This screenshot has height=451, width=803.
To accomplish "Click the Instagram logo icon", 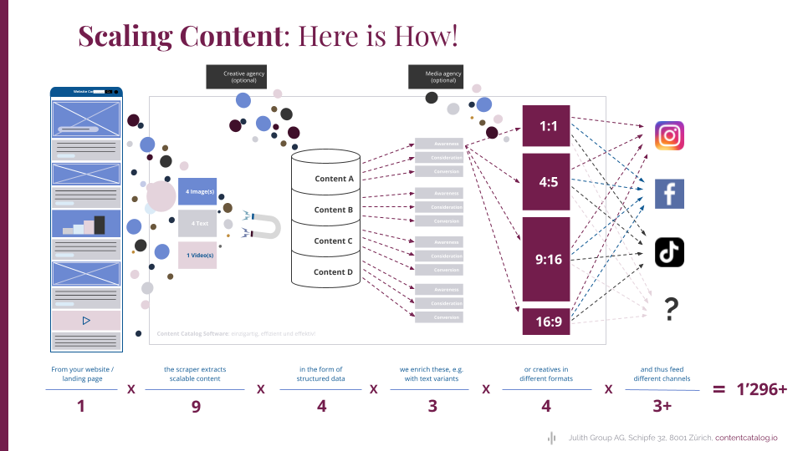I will coord(669,135).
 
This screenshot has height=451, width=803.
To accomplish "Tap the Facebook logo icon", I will coord(669,194).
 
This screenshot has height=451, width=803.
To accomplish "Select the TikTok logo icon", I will coord(669,251).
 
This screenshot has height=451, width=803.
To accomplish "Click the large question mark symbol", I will coord(670,310).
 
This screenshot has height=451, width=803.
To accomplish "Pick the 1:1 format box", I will coord(546,126).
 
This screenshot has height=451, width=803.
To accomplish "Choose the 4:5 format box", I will coord(546,181).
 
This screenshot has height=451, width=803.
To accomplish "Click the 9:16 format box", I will coord(546,259).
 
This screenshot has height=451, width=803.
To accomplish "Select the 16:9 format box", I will coord(546,322).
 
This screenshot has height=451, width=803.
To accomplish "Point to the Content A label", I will coord(334,179).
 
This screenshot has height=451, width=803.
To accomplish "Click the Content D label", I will coord(334,271).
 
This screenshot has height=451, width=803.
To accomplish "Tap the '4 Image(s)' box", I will coord(197,191).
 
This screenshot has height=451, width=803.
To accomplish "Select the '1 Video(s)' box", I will coord(197,255).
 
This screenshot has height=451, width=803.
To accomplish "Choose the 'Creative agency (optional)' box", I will coord(243,77).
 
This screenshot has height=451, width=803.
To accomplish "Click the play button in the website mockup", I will coord(86,320).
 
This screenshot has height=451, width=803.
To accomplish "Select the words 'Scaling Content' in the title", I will coord(178,37).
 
